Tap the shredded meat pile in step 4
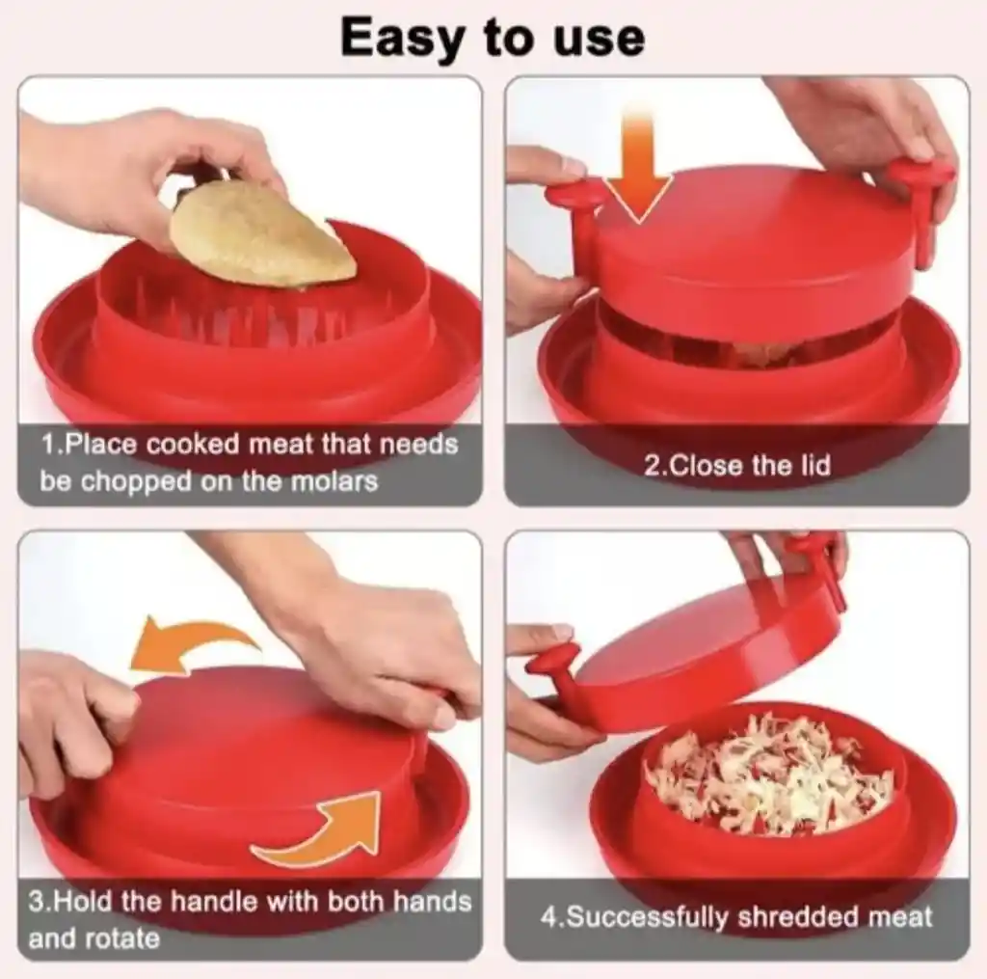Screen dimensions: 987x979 769,773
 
